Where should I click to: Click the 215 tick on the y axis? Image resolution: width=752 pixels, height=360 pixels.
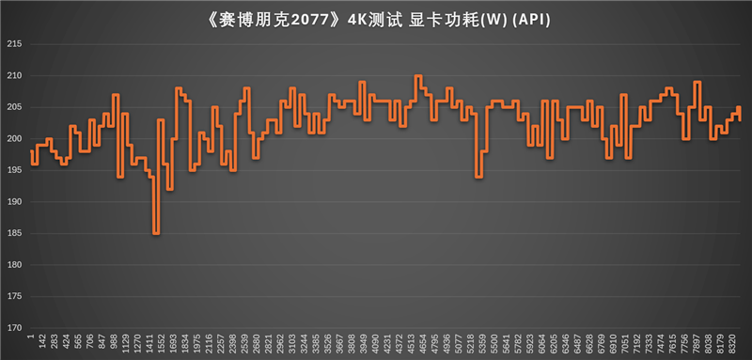tap(13, 44)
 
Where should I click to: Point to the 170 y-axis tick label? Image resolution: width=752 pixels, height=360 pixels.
tap(13, 328)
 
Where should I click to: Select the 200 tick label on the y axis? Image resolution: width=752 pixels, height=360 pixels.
tap(13, 139)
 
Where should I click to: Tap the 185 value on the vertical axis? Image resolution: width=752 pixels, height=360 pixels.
tap(13, 233)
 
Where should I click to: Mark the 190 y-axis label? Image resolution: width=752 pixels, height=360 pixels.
tap(13, 202)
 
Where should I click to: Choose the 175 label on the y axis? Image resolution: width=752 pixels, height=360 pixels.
tap(13, 296)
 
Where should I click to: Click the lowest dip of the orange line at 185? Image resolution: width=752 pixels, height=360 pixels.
tap(156, 233)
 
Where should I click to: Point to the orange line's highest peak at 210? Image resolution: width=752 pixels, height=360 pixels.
tap(418, 76)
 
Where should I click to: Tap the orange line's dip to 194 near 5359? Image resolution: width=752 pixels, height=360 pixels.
tap(479, 177)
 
